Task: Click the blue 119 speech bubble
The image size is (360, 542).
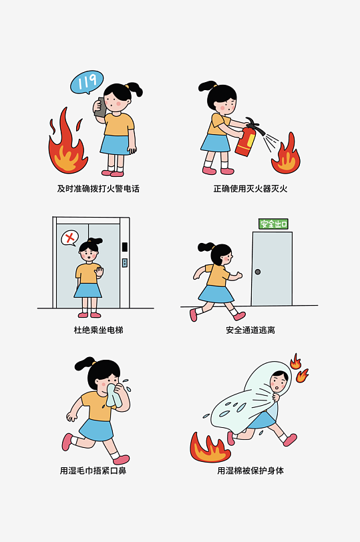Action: coord(86,82)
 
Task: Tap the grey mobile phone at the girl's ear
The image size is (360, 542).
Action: coord(100,107)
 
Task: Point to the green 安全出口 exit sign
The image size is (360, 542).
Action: coord(273,224)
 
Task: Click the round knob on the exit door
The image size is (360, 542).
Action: coord(258,272)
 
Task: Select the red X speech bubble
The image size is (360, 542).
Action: coord(70,238)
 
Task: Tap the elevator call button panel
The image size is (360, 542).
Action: coord(125,263)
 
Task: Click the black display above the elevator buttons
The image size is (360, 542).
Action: coord(125,247)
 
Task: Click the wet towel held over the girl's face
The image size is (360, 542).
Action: coord(113,395)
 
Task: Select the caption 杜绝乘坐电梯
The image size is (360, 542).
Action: coord(99,330)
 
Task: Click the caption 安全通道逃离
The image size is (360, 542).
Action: coord(250,330)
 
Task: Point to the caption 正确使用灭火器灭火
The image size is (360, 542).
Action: coord(250,189)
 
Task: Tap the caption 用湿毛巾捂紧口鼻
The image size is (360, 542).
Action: coord(93,471)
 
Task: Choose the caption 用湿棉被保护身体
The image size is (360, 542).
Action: coord(250,471)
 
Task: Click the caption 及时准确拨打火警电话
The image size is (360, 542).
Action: coord(99,189)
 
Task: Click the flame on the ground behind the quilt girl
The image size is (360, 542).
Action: coord(209,447)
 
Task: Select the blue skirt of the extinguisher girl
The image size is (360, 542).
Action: coord(215,143)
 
